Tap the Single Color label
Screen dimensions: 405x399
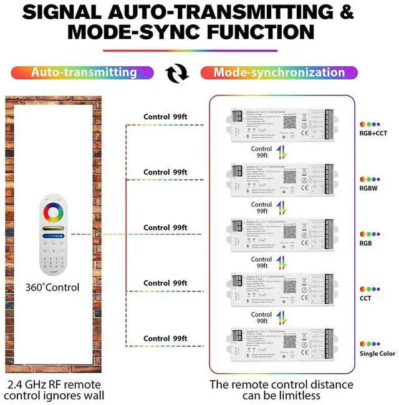377,353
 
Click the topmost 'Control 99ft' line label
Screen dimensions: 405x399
165,117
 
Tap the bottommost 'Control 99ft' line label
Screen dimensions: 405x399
165,338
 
